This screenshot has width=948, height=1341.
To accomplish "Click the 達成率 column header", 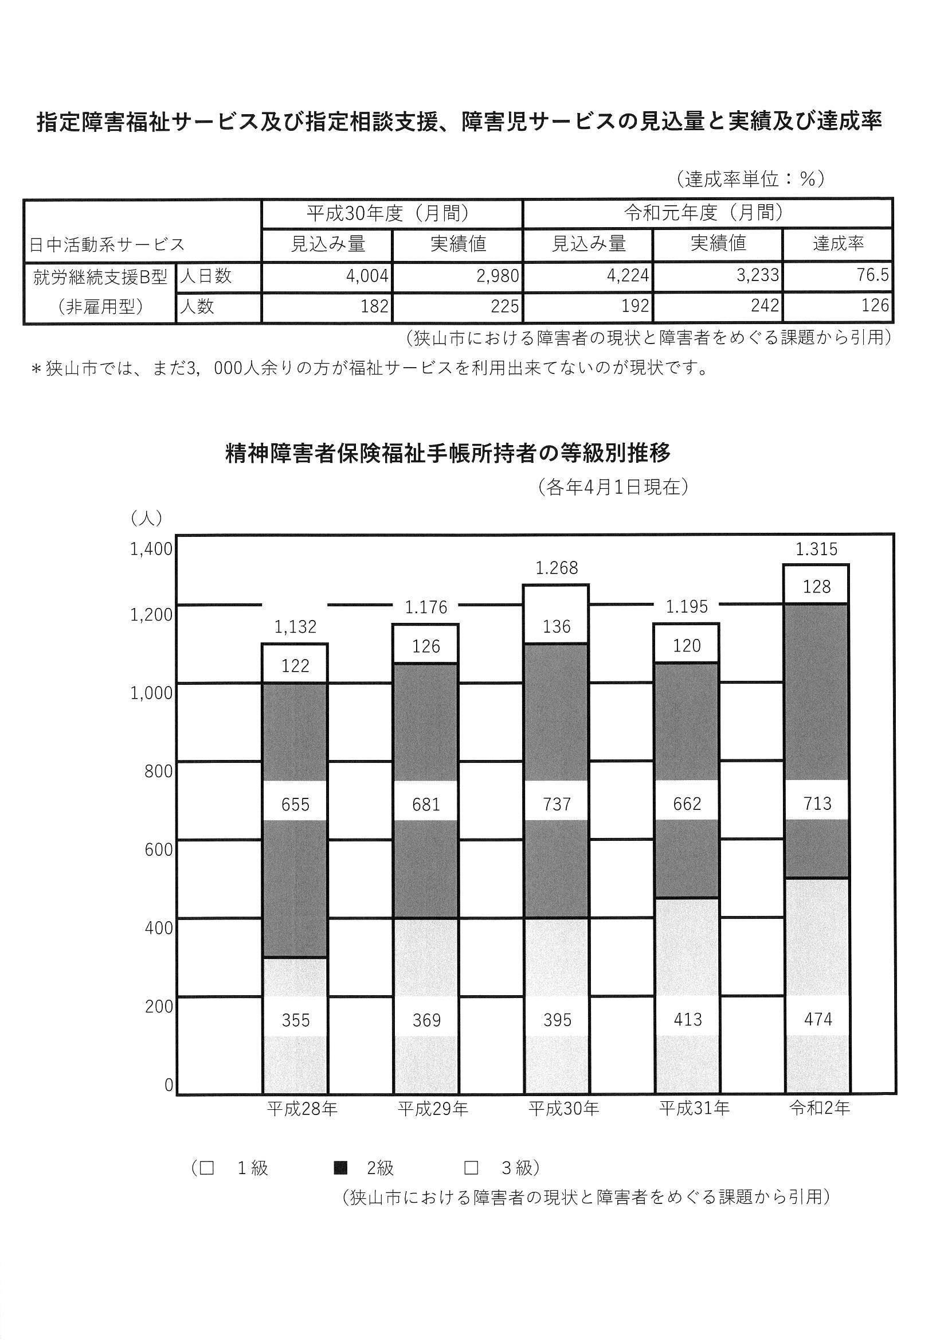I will click(838, 244).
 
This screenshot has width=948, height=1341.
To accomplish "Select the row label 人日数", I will click(206, 276).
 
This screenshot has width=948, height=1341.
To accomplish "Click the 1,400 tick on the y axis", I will click(151, 548).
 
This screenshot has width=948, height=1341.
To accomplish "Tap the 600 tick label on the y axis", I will click(159, 850).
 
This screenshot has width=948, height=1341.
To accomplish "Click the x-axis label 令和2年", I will click(820, 1108).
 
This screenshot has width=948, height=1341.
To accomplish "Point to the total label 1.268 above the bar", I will click(557, 568).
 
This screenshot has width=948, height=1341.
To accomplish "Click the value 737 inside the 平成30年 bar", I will click(557, 804).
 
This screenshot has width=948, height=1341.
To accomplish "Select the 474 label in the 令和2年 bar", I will click(817, 1020).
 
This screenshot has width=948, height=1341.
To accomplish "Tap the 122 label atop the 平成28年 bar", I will click(295, 666).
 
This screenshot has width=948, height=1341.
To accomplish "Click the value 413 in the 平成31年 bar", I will click(687, 1020).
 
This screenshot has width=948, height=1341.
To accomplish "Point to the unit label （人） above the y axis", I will click(146, 517).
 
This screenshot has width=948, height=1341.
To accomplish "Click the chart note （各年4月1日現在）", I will click(612, 487).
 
